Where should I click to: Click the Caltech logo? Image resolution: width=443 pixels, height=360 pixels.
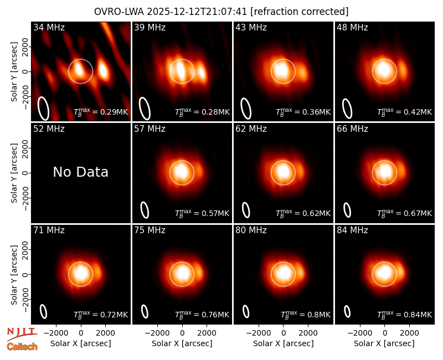click(x=22, y=347)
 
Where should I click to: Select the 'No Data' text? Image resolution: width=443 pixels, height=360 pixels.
click(x=80, y=172)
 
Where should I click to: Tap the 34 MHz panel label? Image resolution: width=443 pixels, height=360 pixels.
click(x=49, y=27)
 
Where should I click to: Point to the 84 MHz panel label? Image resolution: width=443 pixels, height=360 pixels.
click(x=352, y=230)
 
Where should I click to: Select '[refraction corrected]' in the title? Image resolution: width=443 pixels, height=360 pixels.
click(x=300, y=12)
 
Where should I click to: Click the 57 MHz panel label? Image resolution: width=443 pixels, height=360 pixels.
click(x=150, y=129)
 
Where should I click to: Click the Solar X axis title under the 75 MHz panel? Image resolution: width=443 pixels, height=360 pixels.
click(x=182, y=343)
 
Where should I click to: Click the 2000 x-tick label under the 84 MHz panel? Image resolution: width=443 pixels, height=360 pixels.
click(x=409, y=333)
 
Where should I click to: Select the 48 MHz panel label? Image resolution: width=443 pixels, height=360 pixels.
click(x=352, y=27)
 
